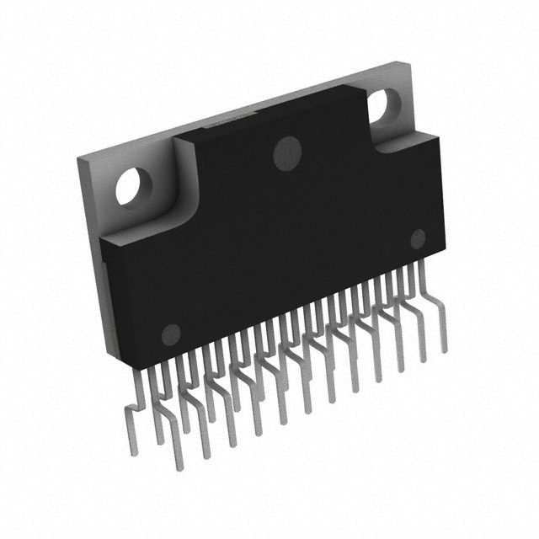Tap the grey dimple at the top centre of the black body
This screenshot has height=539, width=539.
click(x=288, y=152)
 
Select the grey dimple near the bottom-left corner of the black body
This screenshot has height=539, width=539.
click(x=171, y=333)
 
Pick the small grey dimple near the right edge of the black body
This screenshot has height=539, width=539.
click(x=417, y=238)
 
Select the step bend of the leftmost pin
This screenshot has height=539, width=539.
click(x=135, y=406)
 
